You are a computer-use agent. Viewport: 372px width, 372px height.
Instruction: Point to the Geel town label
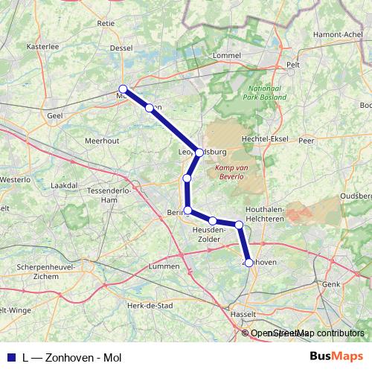[54, 116]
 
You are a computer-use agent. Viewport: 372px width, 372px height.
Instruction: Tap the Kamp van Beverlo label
[234, 173]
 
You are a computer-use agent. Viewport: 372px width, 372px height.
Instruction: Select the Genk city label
[331, 284]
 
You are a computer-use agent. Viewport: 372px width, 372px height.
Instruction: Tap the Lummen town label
[164, 266]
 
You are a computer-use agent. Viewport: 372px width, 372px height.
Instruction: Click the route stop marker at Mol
[123, 89]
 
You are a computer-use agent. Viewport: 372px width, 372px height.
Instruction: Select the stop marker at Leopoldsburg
[199, 153]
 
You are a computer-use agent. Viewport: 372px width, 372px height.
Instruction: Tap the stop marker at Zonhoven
[249, 262]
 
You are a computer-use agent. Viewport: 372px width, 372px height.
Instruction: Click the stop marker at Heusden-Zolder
[213, 221]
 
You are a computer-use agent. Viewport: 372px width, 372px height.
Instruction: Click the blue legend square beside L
[10, 357]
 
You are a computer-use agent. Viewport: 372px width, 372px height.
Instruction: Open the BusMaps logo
[336, 356]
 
